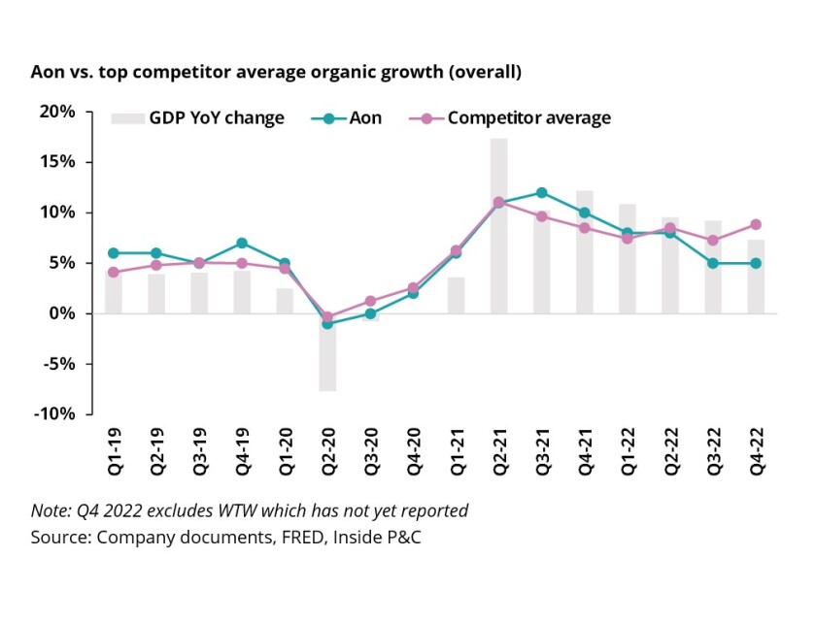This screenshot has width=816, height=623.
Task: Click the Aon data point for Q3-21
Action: (541, 192)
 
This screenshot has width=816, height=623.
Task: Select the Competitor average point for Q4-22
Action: (755, 224)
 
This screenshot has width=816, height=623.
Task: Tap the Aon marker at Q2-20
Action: (327, 323)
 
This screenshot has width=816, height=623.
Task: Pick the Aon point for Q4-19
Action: (242, 243)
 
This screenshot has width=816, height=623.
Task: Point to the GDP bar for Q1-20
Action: (285, 301)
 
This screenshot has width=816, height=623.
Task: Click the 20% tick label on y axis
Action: (58, 112)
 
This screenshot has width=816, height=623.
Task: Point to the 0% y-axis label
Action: (63, 313)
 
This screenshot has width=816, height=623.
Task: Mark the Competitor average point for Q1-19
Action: (114, 272)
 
